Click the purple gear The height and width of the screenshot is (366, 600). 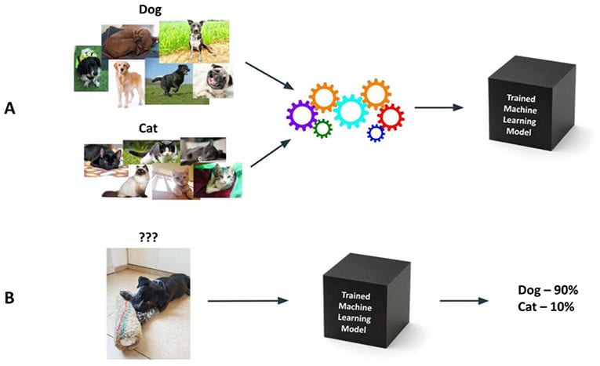301,117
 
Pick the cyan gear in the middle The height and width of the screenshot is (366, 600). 350,111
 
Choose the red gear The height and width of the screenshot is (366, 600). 390,118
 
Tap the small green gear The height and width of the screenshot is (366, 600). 322,129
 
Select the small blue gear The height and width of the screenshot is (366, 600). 376,132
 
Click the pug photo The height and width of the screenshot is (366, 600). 213,82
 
